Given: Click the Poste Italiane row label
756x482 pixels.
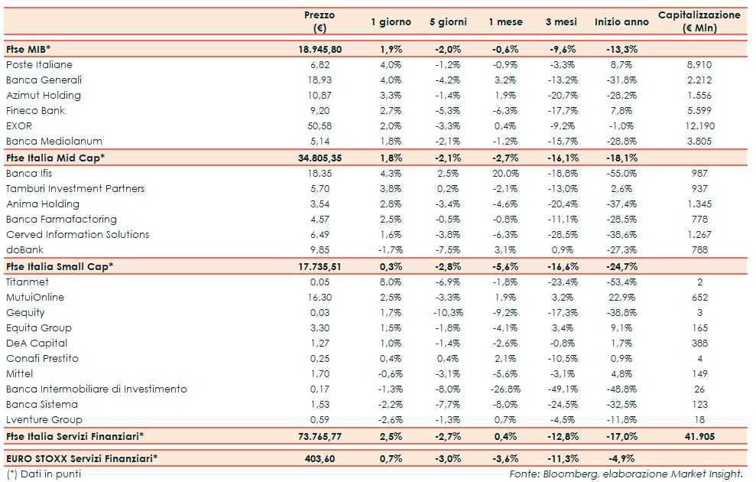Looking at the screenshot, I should point(39,65).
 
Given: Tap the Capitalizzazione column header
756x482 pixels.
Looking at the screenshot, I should point(699,21).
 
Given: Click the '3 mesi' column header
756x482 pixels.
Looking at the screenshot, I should point(562,21).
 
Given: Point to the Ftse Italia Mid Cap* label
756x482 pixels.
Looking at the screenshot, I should point(55,158).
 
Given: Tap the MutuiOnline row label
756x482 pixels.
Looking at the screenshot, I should point(35,298).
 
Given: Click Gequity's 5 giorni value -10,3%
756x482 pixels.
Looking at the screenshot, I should point(445,313).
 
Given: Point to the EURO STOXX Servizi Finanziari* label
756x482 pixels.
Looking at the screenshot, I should point(82,458).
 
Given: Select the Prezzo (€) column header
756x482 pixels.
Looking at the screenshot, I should point(320,21).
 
